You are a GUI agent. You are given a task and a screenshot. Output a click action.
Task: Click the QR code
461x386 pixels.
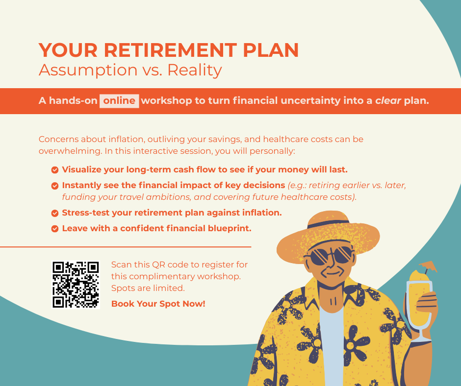pyautogui.click(x=76, y=285)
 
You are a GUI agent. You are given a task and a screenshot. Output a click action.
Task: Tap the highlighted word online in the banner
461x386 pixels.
pyautogui.click(x=119, y=101)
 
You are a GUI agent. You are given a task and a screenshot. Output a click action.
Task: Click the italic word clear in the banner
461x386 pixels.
pyautogui.click(x=388, y=101)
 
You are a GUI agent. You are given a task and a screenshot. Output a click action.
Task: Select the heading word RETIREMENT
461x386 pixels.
pyautogui.click(x=170, y=50)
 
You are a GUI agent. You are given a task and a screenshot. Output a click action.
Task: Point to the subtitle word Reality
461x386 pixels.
pyautogui.click(x=195, y=71)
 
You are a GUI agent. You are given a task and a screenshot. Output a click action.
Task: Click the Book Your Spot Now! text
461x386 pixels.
pyautogui.click(x=158, y=304)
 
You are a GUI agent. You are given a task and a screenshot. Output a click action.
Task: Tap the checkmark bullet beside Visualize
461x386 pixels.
pyautogui.click(x=55, y=170)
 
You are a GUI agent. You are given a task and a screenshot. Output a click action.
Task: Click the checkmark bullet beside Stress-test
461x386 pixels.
pyautogui.click(x=55, y=213)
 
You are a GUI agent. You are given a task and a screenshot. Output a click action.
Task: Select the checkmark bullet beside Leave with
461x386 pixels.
pyautogui.click(x=55, y=229)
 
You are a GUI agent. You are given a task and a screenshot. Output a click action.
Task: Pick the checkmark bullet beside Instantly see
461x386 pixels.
pyautogui.click(x=55, y=186)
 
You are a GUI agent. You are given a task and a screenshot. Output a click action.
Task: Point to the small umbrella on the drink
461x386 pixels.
pyautogui.click(x=428, y=266)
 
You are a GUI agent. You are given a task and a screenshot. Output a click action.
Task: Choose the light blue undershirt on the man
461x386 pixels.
pyautogui.click(x=332, y=347)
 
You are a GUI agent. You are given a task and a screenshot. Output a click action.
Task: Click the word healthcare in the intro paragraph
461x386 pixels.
pyautogui.click(x=283, y=139)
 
